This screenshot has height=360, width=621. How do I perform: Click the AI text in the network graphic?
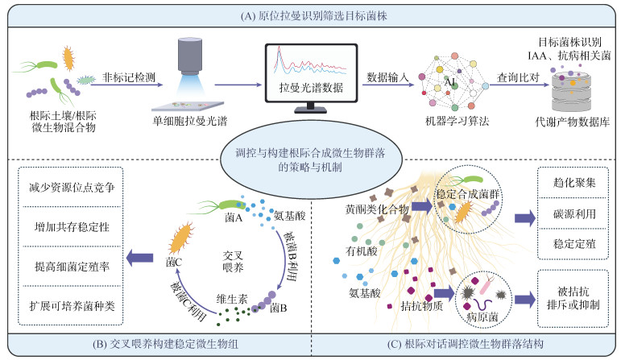[x=449, y=84]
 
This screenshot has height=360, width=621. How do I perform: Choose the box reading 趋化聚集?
[x=575, y=184]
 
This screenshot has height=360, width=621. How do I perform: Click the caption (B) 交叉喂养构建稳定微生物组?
[x=156, y=346]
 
